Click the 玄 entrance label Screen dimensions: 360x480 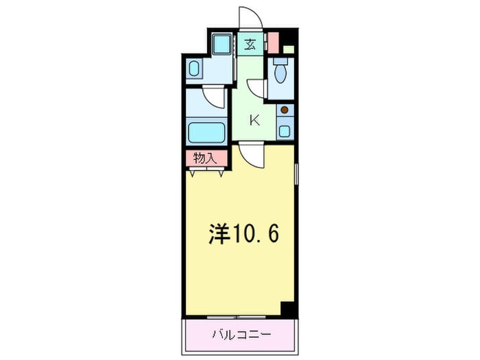(250, 45)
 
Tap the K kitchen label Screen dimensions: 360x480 (254, 121)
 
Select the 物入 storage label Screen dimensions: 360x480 (204, 158)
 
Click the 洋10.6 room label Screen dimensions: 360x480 (243, 235)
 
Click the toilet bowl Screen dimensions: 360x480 (280, 71)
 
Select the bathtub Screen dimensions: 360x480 (206, 132)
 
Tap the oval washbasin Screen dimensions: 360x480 (194, 69)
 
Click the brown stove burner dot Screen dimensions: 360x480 (285, 110)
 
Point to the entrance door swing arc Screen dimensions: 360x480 (248, 17)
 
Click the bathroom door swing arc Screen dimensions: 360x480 (215, 96)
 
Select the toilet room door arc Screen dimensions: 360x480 (256, 88)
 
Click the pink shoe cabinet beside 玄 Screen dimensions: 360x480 (273, 43)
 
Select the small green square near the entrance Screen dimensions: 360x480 (289, 49)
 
